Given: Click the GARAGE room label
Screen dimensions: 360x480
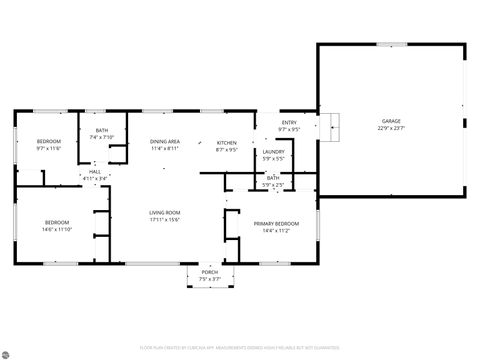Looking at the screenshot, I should (x=391, y=121).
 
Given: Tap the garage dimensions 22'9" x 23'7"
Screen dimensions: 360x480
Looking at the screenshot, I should (x=391, y=128).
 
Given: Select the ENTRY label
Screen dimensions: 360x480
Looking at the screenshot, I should (x=289, y=122).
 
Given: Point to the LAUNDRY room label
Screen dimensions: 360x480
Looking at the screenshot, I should (x=273, y=151).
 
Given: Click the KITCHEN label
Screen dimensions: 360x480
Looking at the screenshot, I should (x=227, y=143).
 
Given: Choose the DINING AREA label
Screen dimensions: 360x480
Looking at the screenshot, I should (x=165, y=142).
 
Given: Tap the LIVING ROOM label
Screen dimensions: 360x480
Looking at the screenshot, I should (x=165, y=212).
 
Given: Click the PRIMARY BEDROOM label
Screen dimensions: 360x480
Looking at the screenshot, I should (x=275, y=224).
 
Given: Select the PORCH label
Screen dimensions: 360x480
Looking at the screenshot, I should (x=210, y=272).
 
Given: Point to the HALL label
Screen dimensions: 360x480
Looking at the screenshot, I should (x=95, y=171).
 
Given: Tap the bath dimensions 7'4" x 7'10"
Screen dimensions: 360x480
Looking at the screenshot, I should (x=102, y=138).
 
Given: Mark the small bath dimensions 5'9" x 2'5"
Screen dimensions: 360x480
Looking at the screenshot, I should (x=273, y=185).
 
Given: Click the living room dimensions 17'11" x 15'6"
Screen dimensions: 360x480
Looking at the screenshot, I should (x=165, y=220).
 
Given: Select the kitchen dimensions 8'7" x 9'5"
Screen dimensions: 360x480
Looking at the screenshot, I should (x=227, y=150).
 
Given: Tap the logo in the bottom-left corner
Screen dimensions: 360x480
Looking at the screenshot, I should (x=8, y=352).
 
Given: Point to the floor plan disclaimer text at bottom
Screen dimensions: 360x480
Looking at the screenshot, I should (x=240, y=349).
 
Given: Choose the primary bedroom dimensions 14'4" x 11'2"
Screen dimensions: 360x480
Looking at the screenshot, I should (x=275, y=231).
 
